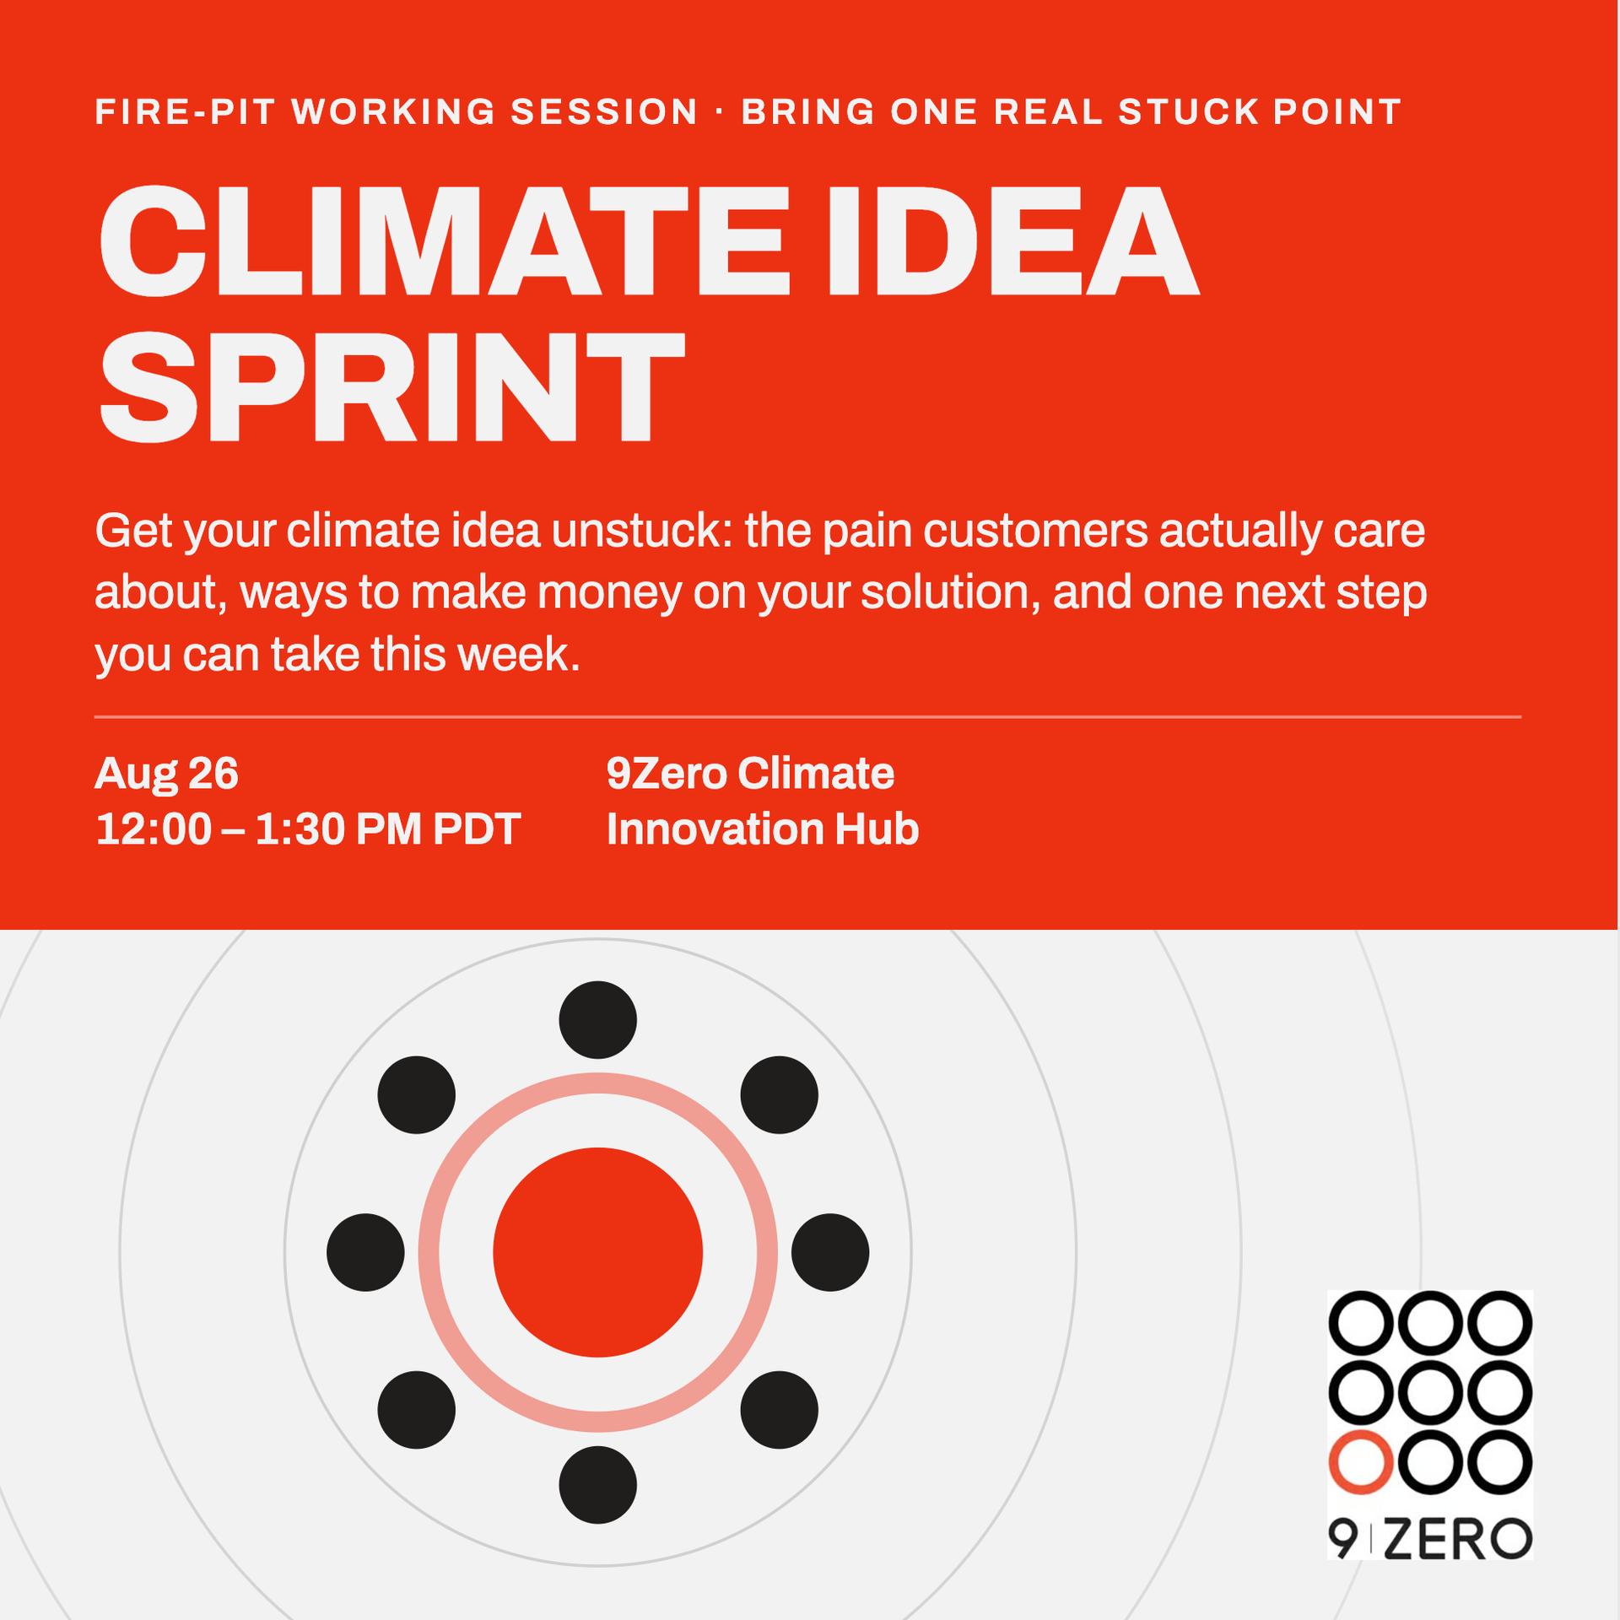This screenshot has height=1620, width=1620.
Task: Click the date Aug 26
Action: tap(167, 773)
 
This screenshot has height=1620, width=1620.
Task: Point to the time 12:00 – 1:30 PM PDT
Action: tap(308, 829)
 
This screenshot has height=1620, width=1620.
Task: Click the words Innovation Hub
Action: tap(763, 829)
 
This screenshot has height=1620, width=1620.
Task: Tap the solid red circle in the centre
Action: tap(597, 1252)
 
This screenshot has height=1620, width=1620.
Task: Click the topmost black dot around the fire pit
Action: tap(597, 1019)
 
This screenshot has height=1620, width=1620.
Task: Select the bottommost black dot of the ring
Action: tap(597, 1485)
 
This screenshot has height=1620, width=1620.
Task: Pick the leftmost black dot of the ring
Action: tap(365, 1252)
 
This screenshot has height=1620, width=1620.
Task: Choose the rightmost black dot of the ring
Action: tap(830, 1252)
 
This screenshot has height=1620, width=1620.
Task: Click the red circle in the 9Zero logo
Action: tap(1359, 1461)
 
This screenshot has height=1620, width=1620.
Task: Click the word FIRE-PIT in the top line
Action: tap(186, 111)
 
